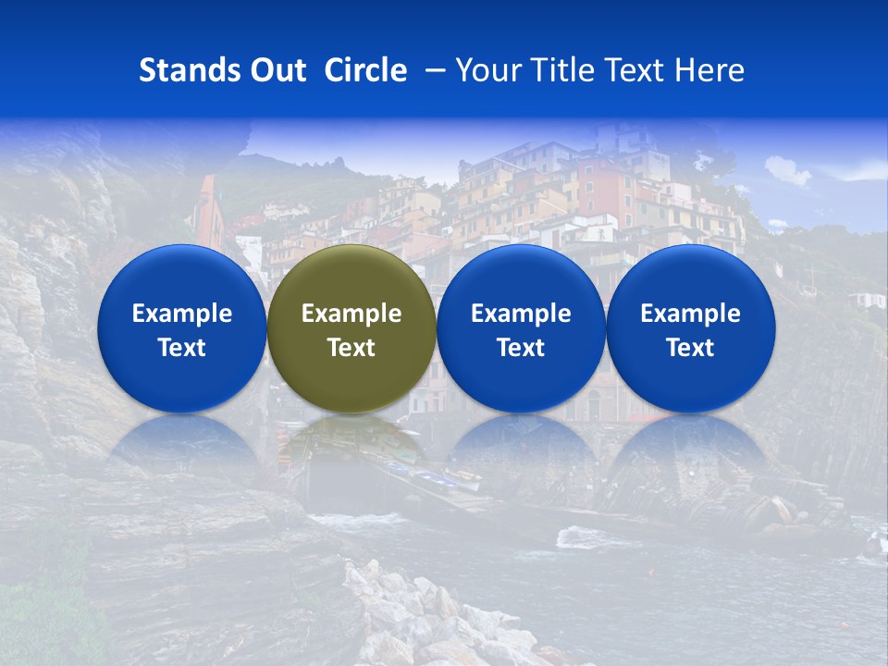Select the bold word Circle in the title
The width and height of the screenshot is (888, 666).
[365, 70]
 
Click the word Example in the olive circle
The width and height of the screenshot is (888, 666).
[351, 314]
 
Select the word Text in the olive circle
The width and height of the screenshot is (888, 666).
[351, 348]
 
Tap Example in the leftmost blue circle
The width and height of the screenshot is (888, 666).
[181, 314]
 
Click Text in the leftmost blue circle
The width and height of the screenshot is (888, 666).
[181, 348]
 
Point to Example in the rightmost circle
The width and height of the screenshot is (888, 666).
[690, 314]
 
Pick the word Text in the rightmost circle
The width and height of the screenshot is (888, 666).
[690, 348]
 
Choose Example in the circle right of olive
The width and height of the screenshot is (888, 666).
[521, 314]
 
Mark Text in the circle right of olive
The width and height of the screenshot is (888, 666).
[521, 348]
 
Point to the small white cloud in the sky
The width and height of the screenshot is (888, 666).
[787, 170]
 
